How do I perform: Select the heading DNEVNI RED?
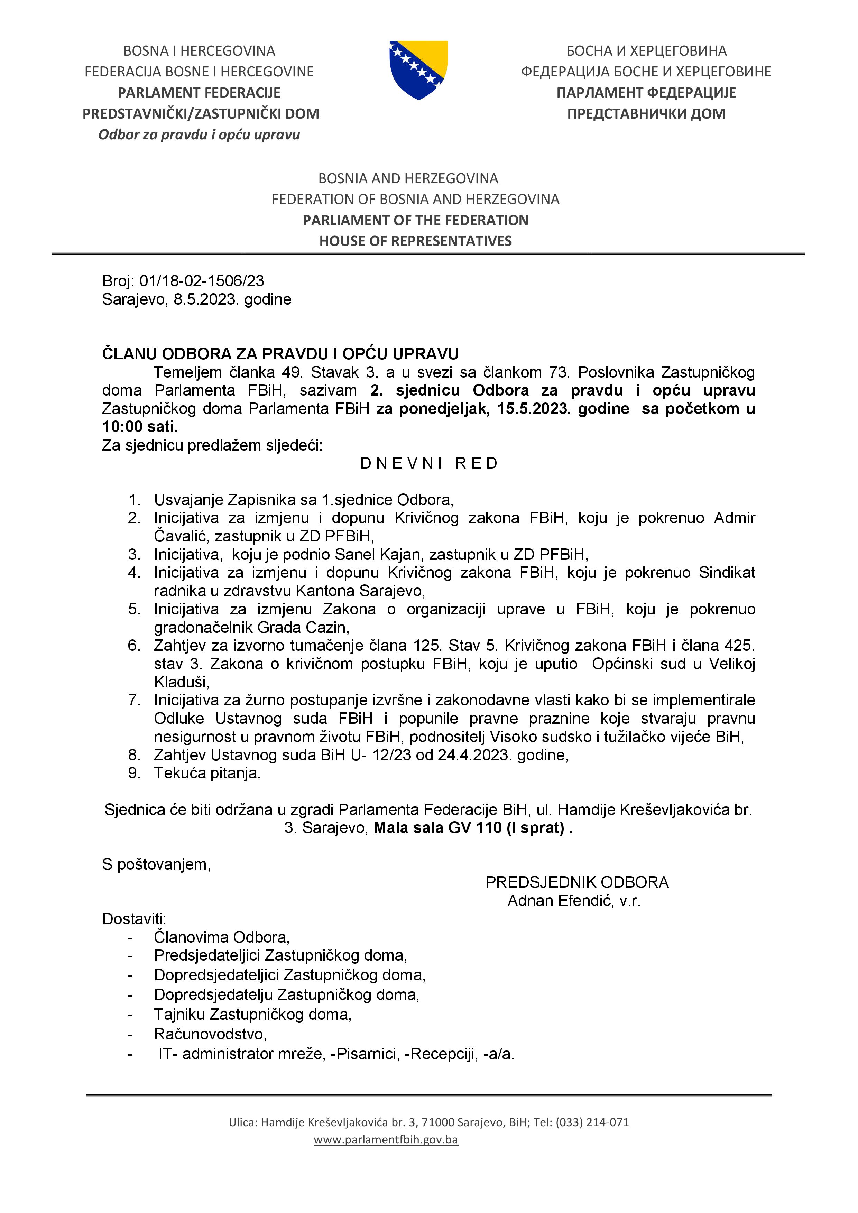(x=429, y=463)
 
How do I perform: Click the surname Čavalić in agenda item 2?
(x=181, y=536)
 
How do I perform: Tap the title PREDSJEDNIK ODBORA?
(x=577, y=882)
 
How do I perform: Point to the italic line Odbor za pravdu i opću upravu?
(x=199, y=135)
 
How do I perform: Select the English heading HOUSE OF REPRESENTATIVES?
(x=415, y=241)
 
